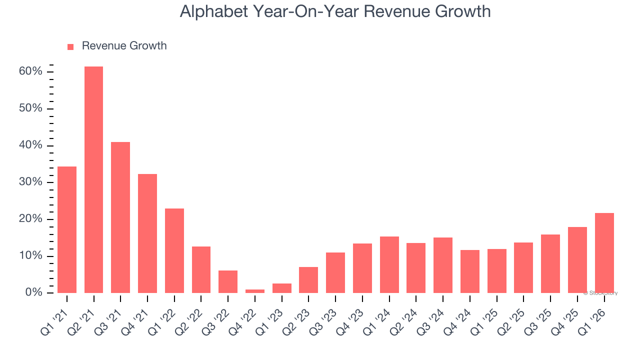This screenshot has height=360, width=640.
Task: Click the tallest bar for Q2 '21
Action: coord(93,180)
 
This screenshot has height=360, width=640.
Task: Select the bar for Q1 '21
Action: coord(67,230)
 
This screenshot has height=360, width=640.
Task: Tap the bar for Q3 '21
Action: coord(120,217)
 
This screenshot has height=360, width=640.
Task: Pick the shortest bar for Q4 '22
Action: coord(255,291)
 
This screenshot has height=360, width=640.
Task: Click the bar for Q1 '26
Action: coord(604,253)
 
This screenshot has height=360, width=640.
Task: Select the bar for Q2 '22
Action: coord(201,269)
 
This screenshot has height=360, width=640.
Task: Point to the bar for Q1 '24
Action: coord(389,264)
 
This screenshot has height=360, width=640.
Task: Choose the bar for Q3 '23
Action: coord(335,272)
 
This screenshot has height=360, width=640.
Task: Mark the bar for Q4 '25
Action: coord(577,260)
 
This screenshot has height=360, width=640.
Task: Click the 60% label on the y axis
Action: coord(30,71)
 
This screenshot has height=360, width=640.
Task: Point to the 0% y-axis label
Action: coord(33,292)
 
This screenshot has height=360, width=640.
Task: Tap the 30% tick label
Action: coord(30,182)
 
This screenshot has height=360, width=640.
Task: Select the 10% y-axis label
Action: coord(30,256)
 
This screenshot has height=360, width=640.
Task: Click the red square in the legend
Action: coord(70,46)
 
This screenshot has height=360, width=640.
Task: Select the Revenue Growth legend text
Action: coord(124,46)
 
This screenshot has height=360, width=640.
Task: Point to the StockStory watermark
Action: coord(600,293)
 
